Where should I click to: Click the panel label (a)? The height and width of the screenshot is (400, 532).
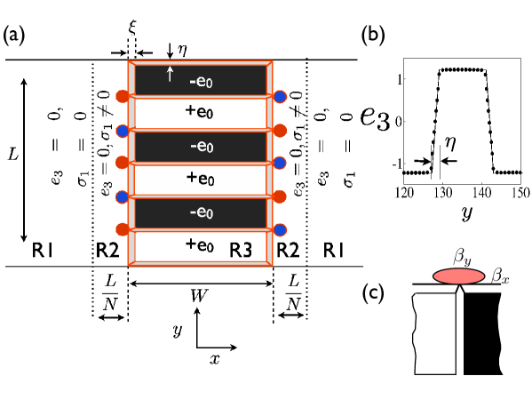(x=13, y=36)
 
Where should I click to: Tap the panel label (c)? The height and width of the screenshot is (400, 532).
(x=373, y=293)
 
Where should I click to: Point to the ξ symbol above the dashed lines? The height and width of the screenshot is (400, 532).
(x=132, y=28)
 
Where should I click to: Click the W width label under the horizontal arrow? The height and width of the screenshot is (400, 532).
(x=199, y=295)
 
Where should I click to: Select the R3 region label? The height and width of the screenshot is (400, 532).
(x=241, y=251)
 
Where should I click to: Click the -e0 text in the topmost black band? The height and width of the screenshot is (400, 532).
(x=201, y=82)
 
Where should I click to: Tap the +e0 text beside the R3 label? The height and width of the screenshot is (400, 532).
(x=200, y=244)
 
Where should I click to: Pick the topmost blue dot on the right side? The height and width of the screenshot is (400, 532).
(x=280, y=96)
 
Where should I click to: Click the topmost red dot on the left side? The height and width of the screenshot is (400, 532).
(x=123, y=96)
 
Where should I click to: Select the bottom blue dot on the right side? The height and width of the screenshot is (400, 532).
(x=280, y=229)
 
